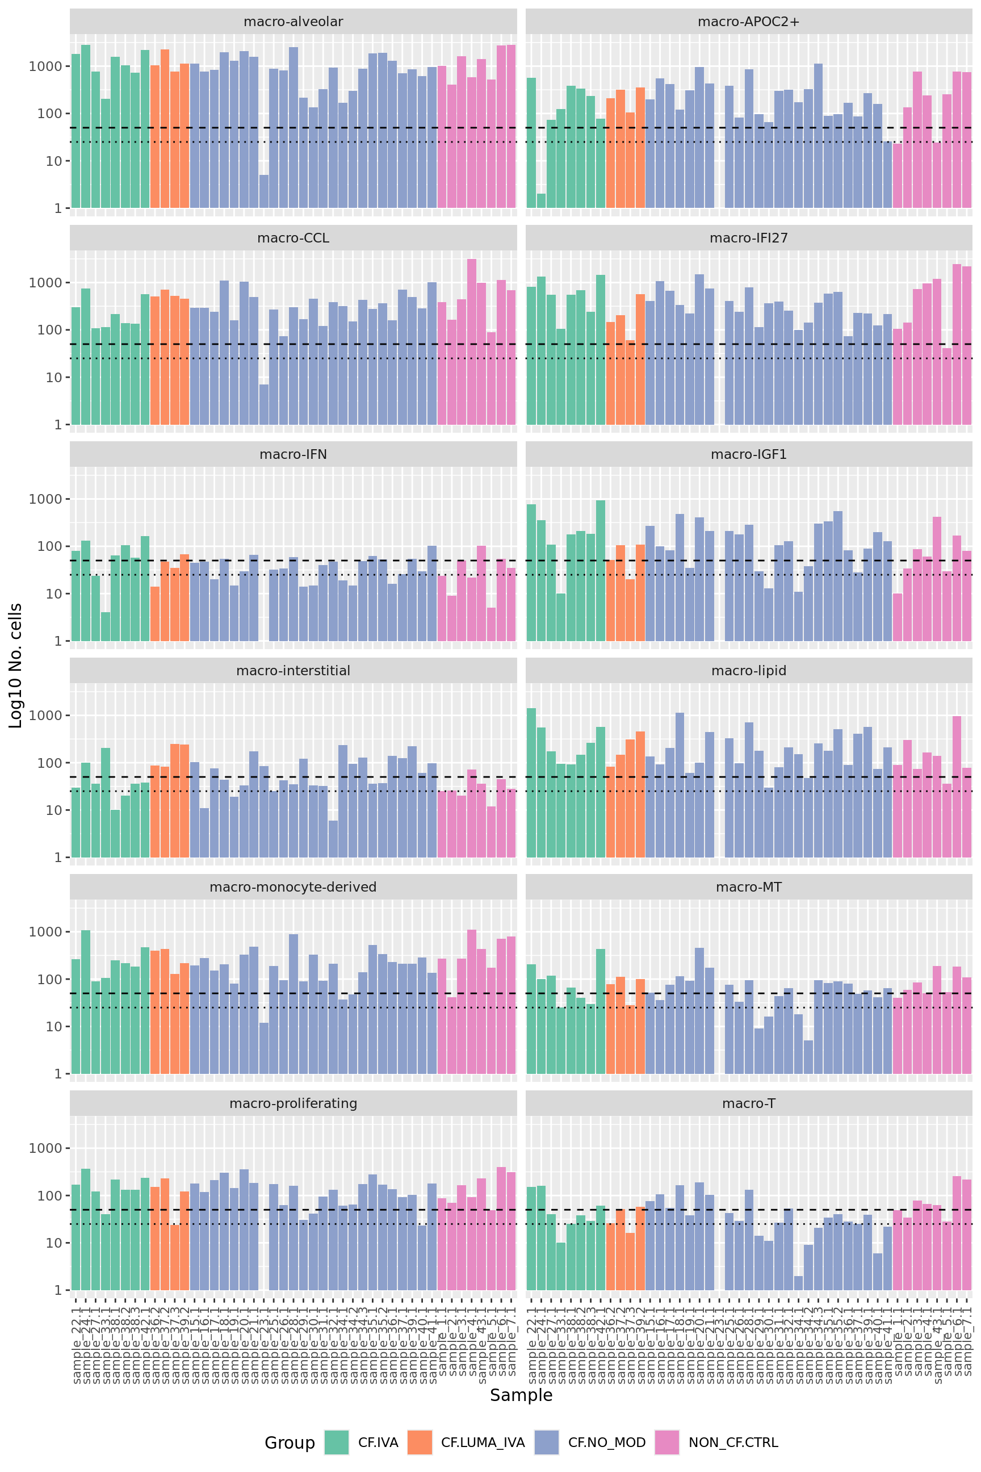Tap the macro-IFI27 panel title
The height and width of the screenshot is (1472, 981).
pyautogui.click(x=748, y=238)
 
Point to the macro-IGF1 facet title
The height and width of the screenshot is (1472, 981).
pyautogui.click(x=748, y=454)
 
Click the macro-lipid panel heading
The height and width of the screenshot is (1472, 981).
pyautogui.click(x=748, y=671)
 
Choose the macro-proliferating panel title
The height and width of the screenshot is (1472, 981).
pyautogui.click(x=293, y=1103)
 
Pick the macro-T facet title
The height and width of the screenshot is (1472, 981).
pyautogui.click(x=748, y=1103)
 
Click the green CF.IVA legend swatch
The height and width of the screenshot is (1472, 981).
pyautogui.click(x=337, y=1442)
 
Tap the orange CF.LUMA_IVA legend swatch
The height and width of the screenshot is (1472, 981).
pyautogui.click(x=420, y=1442)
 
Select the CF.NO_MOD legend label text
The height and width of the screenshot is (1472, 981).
pyautogui.click(x=606, y=1442)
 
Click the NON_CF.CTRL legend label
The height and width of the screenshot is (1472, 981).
pyautogui.click(x=733, y=1442)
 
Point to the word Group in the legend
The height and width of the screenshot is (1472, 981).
pyautogui.click(x=290, y=1442)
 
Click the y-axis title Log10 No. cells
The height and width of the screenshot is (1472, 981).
pyautogui.click(x=16, y=665)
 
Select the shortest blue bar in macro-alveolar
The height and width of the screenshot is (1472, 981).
pyautogui.click(x=264, y=191)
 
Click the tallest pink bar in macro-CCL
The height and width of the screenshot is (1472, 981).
pyautogui.click(x=472, y=342)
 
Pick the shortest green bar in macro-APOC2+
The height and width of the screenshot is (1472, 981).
pyautogui.click(x=541, y=201)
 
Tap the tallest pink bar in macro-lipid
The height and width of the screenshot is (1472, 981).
pyautogui.click(x=957, y=786)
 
